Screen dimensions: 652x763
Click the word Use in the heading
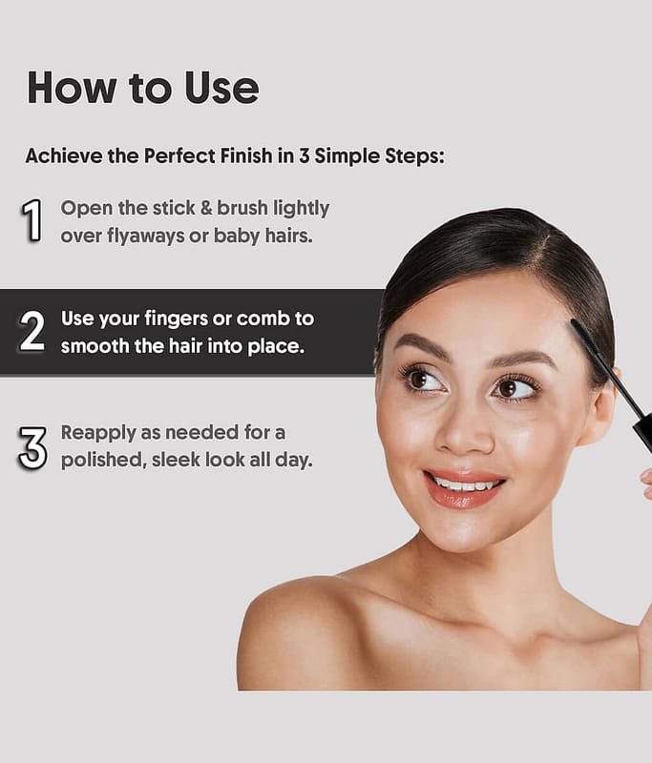[221, 88]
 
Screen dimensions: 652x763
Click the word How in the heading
[72, 88]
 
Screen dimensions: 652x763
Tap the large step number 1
[32, 220]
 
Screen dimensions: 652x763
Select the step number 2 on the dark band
[32, 331]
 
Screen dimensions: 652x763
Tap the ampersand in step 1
[206, 208]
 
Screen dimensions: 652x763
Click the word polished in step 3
[104, 461]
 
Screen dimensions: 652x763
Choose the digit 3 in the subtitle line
[304, 156]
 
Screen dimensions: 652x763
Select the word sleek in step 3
[175, 460]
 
